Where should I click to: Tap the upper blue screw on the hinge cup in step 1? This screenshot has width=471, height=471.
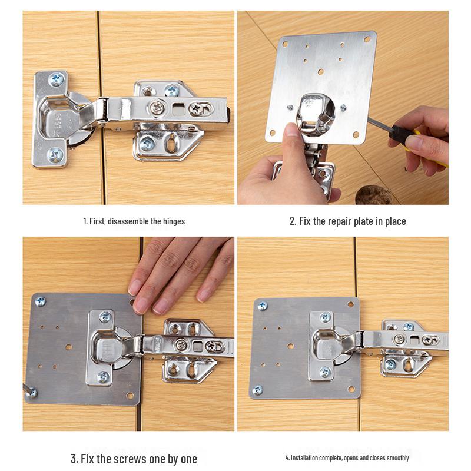point(57,79)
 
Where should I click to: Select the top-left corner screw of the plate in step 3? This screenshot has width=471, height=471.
point(41,301)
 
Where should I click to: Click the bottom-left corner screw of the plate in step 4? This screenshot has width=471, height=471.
point(257,390)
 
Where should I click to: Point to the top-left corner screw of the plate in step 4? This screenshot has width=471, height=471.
point(261,306)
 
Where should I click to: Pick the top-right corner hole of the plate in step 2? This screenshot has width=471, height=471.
point(367,40)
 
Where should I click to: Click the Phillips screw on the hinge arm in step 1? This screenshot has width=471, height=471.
point(157,107)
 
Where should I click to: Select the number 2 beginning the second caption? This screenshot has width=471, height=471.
point(292,221)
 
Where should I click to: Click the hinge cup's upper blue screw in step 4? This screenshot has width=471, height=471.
point(325,317)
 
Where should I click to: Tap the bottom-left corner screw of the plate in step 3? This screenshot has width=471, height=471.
point(32,392)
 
